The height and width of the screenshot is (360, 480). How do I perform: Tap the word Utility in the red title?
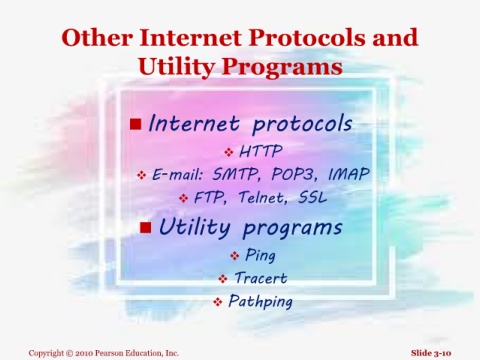coord(176,67)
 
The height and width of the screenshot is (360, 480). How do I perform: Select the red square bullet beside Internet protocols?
coord(136,124)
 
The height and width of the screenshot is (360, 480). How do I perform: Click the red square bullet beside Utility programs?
coord(146,228)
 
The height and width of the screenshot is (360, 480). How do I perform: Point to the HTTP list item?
coord(261,151)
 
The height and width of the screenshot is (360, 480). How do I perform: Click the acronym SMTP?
coord(235,174)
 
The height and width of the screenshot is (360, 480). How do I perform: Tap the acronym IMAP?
coord(349,174)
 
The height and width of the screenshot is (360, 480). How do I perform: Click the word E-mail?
coord(177,174)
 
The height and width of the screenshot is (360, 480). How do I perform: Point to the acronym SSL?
coord(312,197)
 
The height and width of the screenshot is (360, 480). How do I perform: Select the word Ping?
coord(260,256)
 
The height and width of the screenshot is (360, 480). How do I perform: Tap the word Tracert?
coord(261,278)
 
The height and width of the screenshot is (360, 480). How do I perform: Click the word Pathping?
coord(260,302)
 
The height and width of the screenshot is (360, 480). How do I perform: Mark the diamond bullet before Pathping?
coord(218,302)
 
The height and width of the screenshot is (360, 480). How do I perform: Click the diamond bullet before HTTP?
coord(229,152)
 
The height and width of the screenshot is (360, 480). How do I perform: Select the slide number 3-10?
coord(443,353)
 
